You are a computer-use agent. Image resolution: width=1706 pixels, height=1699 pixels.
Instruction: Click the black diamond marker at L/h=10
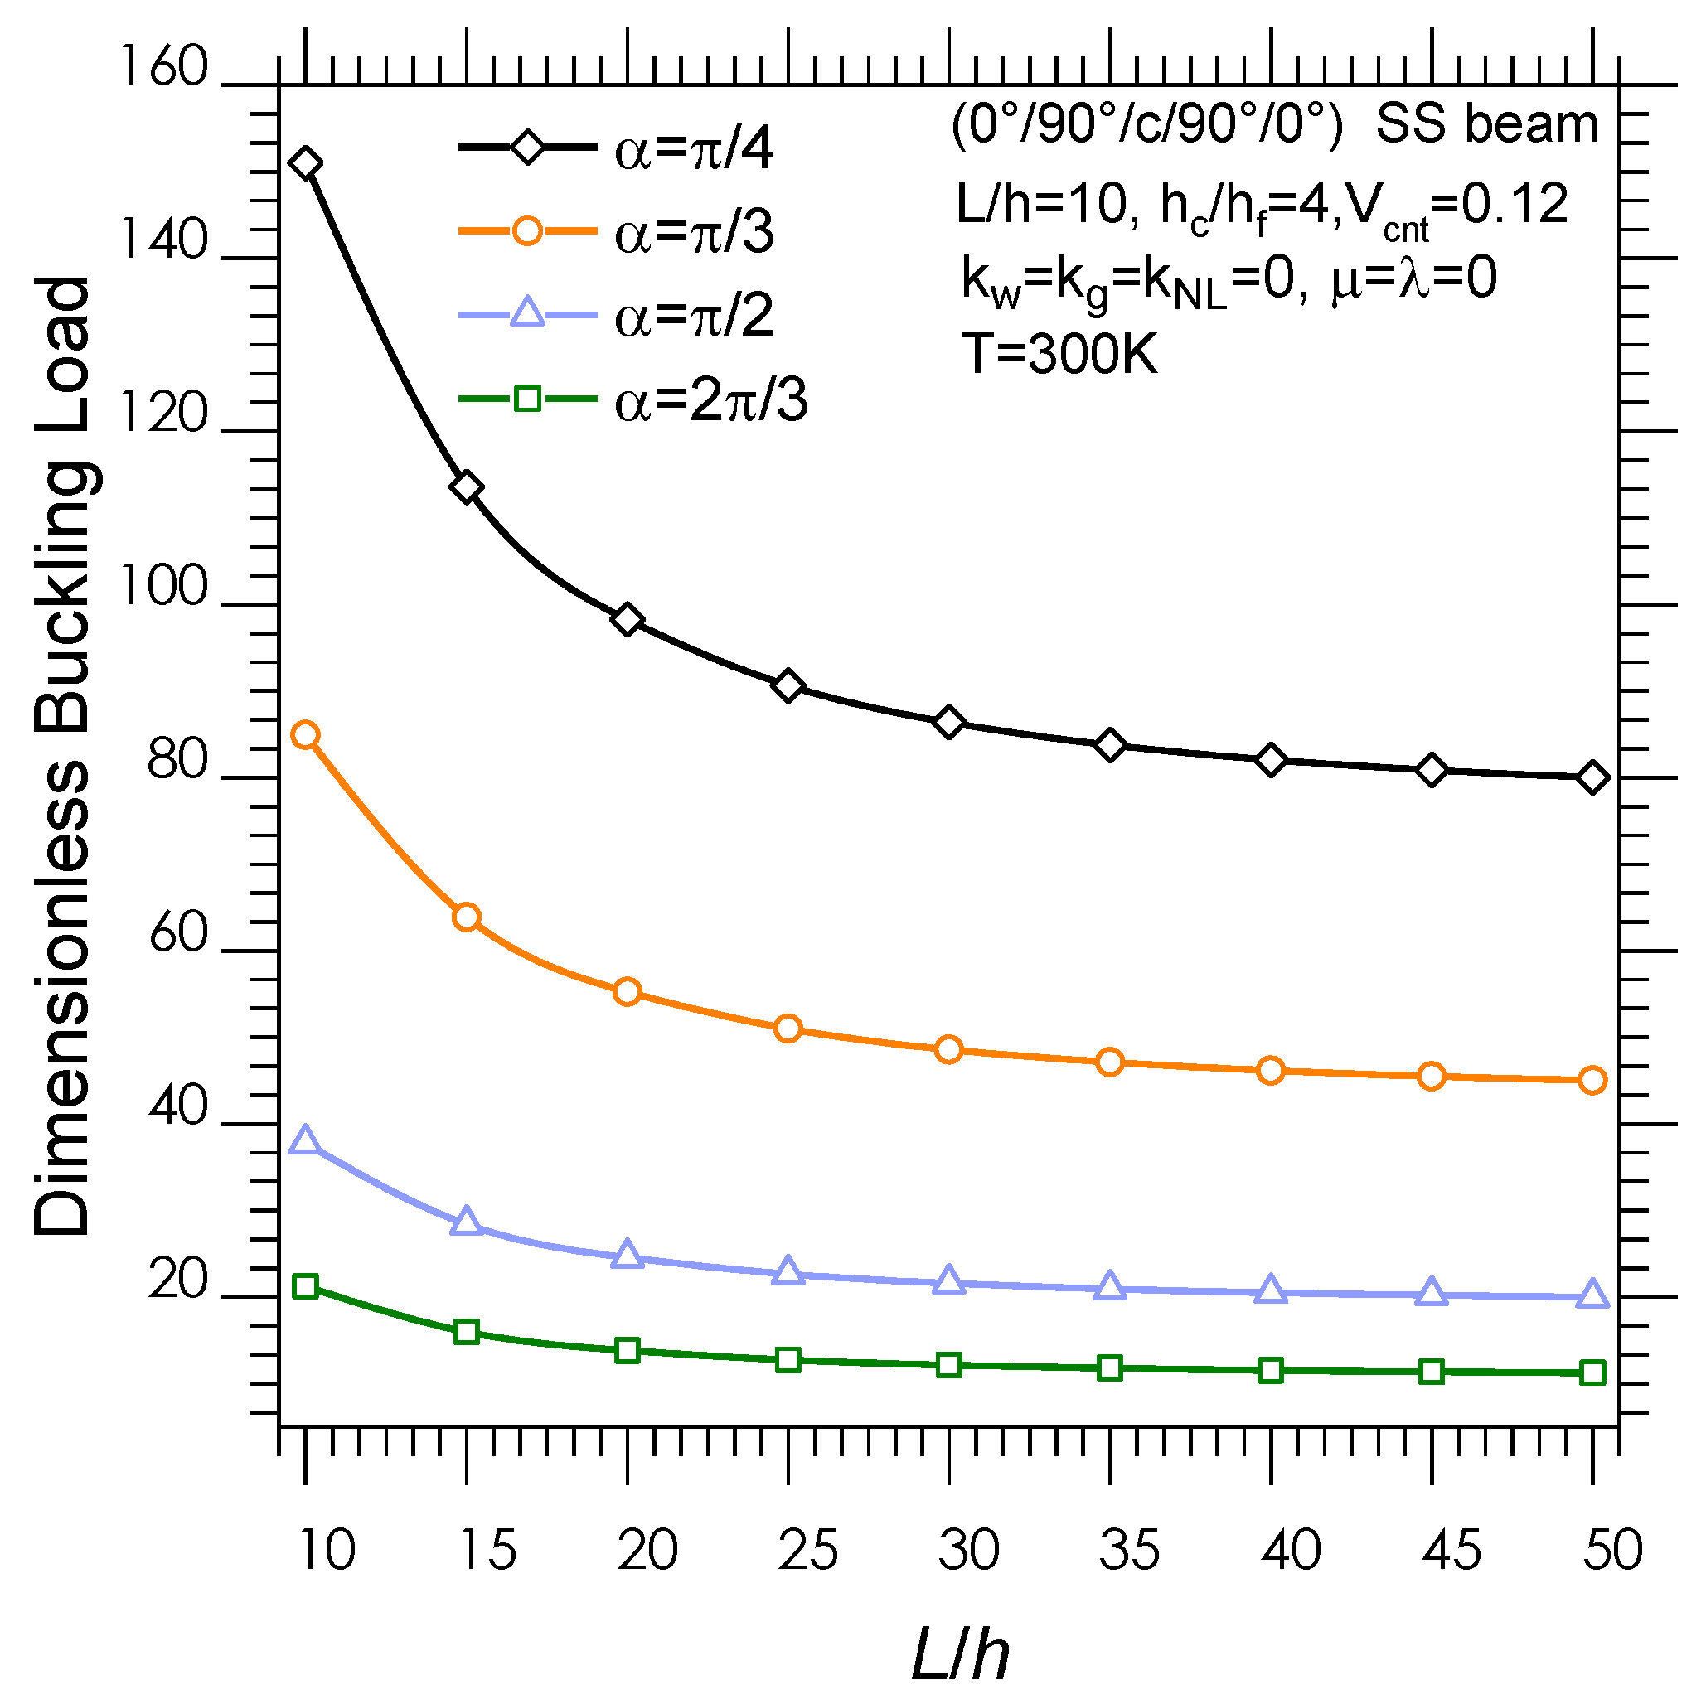pyautogui.click(x=306, y=163)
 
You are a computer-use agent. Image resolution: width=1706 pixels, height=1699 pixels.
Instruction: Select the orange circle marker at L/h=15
pyautogui.click(x=466, y=917)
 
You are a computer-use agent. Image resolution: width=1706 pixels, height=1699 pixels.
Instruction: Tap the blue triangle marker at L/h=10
pyautogui.click(x=306, y=1141)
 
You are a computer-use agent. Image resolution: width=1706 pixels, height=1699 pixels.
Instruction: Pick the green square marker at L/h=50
pyautogui.click(x=1592, y=1372)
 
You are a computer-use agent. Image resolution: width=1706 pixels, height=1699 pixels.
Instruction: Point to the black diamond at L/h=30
pyautogui.click(x=949, y=723)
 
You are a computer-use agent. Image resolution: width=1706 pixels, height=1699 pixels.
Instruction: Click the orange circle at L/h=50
pyautogui.click(x=1592, y=1080)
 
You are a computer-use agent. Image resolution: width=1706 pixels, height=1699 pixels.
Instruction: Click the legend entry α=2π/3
pyautogui.click(x=711, y=401)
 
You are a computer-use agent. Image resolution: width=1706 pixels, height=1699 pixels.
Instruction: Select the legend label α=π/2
pyautogui.click(x=694, y=316)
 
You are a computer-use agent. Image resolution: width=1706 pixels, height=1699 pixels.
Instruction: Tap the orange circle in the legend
pyautogui.click(x=527, y=231)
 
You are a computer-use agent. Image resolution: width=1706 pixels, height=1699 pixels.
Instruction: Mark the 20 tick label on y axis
pyautogui.click(x=177, y=1279)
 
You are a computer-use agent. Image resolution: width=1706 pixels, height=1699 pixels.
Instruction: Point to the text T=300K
pyautogui.click(x=1059, y=354)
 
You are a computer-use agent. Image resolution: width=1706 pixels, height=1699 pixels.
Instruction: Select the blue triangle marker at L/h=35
pyautogui.click(x=1110, y=1286)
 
